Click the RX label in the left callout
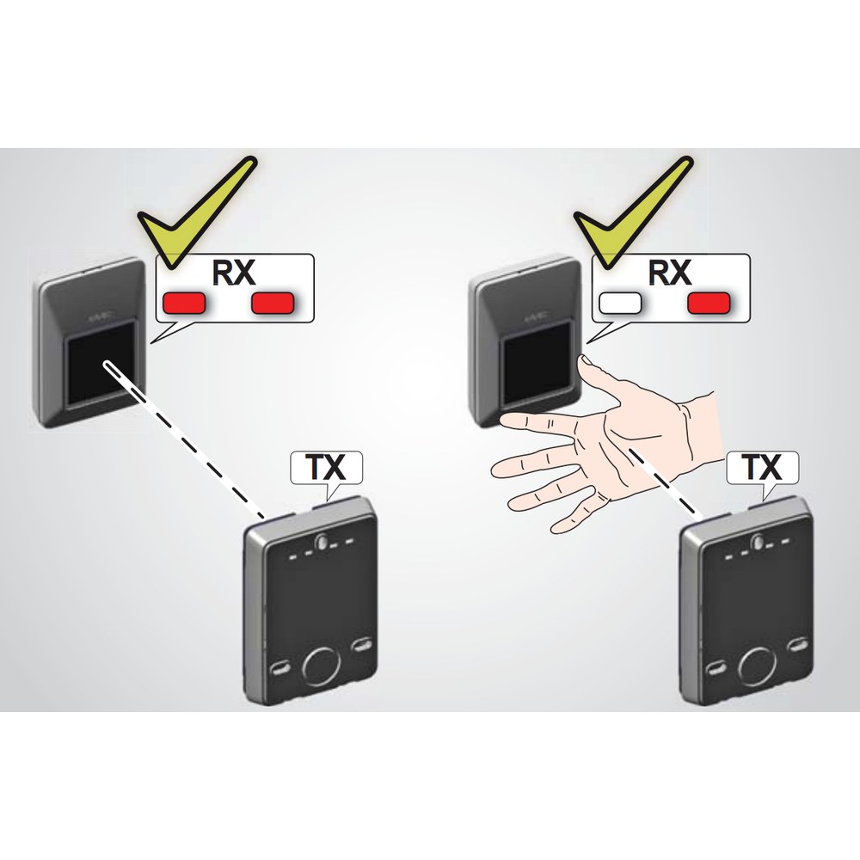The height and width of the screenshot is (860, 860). (x=234, y=272)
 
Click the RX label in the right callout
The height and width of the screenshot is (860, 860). (x=670, y=272)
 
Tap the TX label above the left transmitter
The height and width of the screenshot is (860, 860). (x=326, y=467)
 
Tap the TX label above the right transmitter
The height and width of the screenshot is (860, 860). (x=762, y=467)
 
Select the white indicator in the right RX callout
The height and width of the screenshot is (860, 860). (x=620, y=303)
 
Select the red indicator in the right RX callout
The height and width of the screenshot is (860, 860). (x=709, y=303)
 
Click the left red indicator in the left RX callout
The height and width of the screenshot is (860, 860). (x=184, y=303)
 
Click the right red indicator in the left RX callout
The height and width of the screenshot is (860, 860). (x=273, y=303)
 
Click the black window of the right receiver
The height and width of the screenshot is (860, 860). (x=540, y=365)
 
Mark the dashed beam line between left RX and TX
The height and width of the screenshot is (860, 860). (x=184, y=439)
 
